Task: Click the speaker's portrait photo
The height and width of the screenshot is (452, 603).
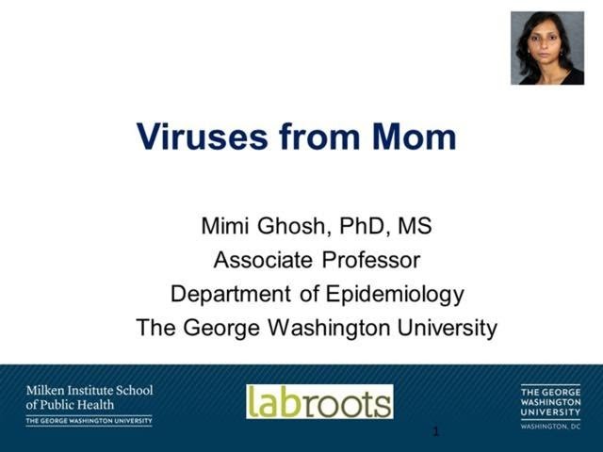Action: point(547,48)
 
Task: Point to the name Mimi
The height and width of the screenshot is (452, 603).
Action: point(223,226)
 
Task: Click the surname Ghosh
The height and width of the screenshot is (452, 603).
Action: point(288,226)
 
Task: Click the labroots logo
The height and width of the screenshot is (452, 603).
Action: point(319,401)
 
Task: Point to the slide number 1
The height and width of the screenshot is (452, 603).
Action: point(436,432)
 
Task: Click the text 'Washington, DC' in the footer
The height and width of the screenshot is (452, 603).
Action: point(550,427)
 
